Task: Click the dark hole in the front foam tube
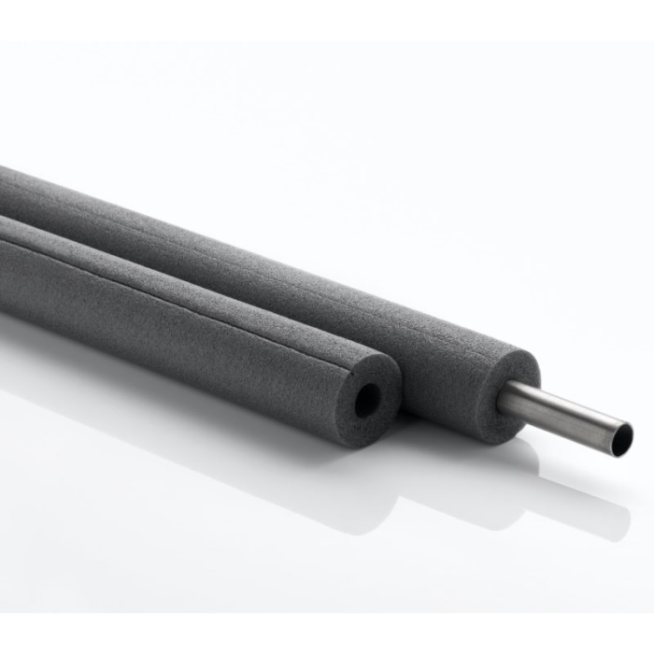point(367,400)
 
